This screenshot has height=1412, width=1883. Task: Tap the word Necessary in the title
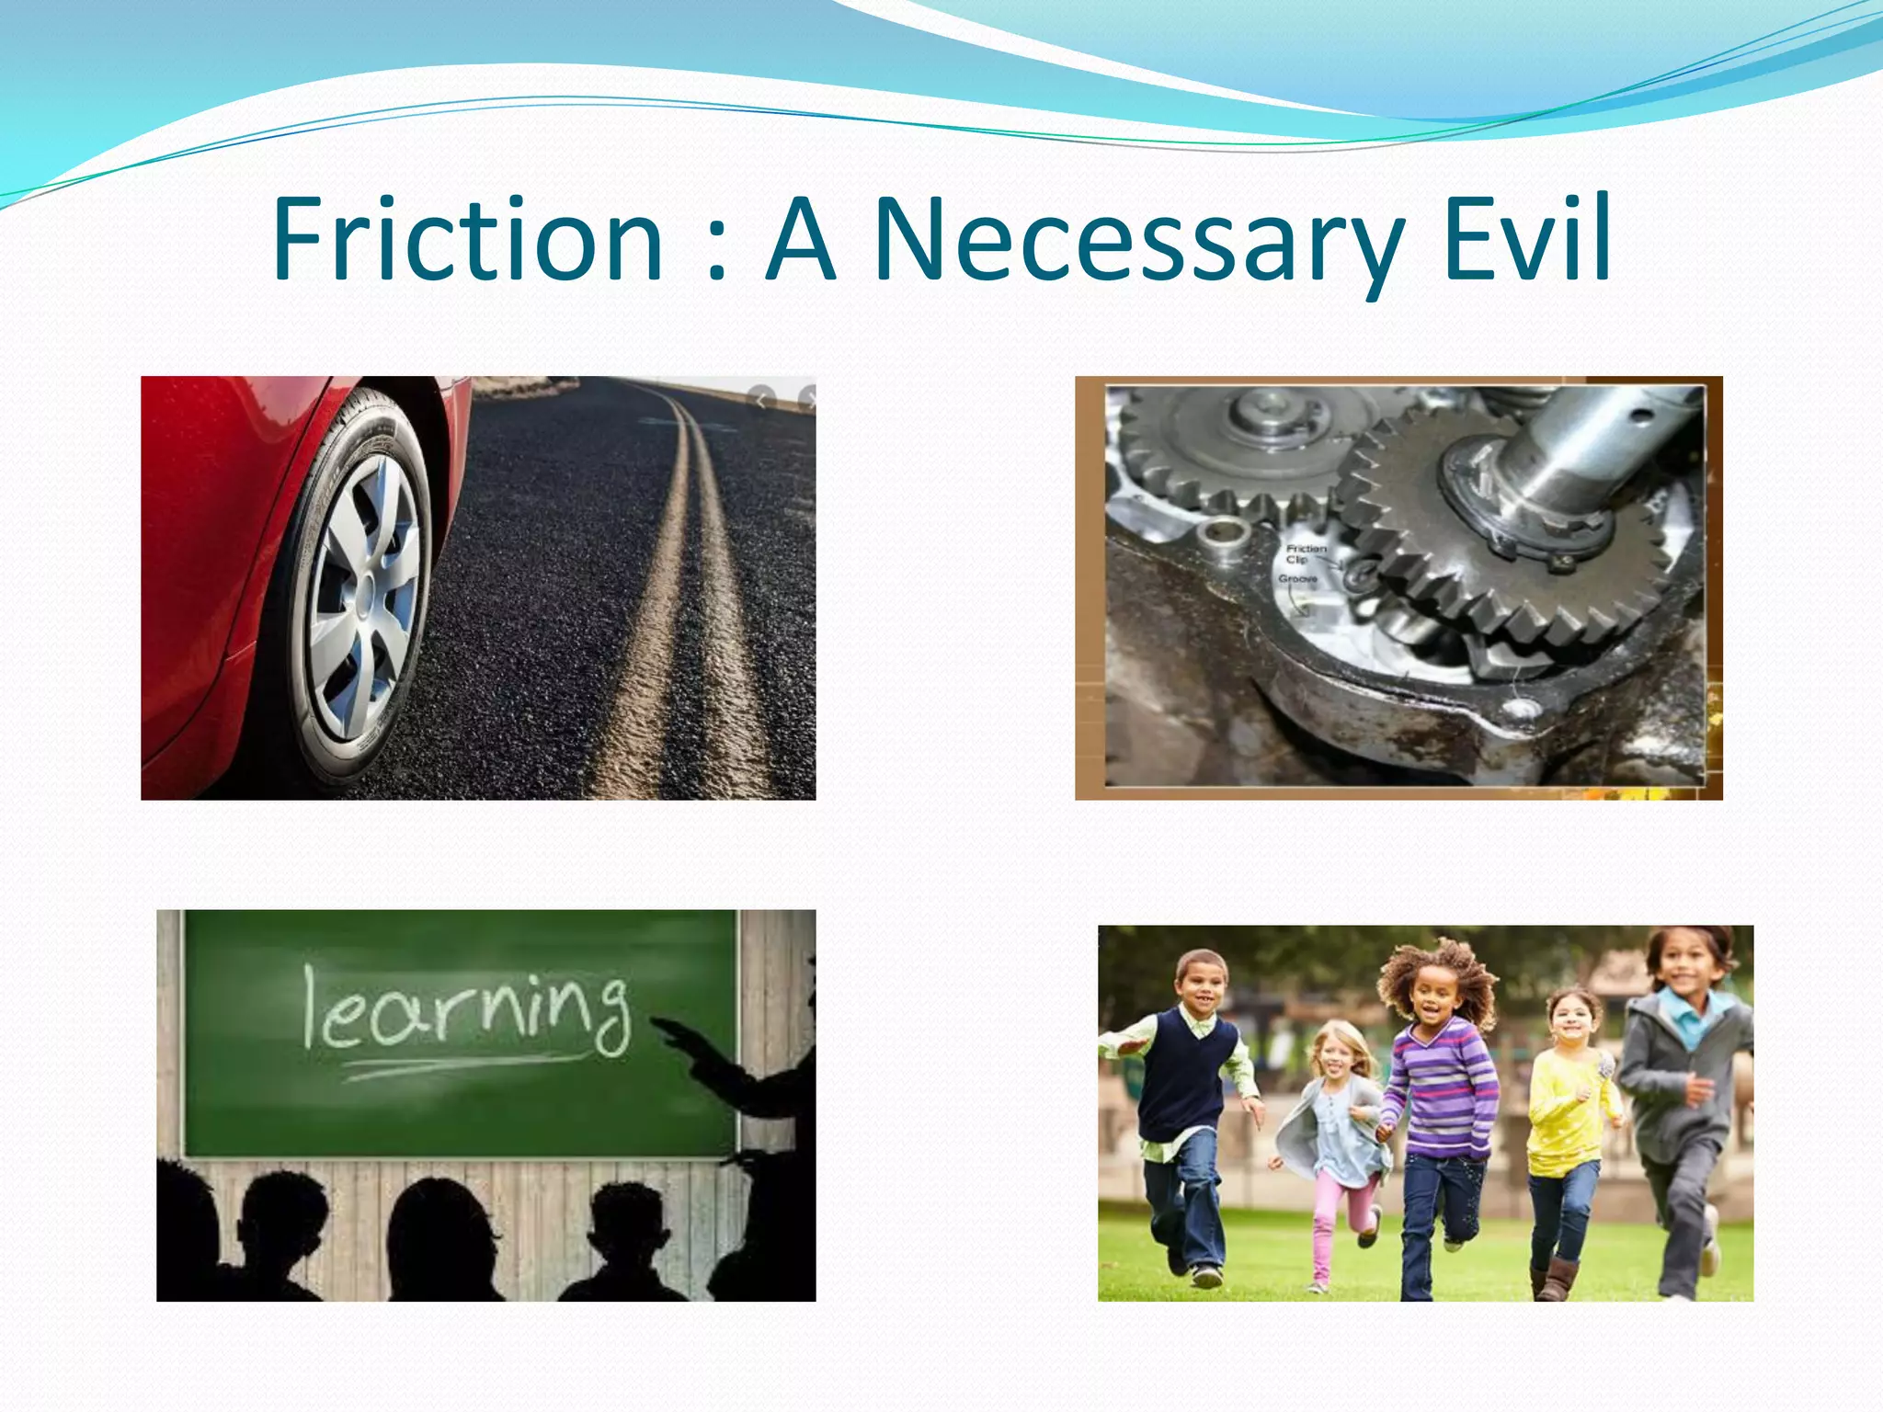point(1138,241)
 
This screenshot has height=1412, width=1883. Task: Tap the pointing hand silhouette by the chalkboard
point(685,1039)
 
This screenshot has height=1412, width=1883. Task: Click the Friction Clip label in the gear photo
point(1306,553)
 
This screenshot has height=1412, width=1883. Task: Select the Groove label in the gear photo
point(1297,579)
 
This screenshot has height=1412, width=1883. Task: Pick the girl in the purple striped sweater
point(1439,1103)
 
